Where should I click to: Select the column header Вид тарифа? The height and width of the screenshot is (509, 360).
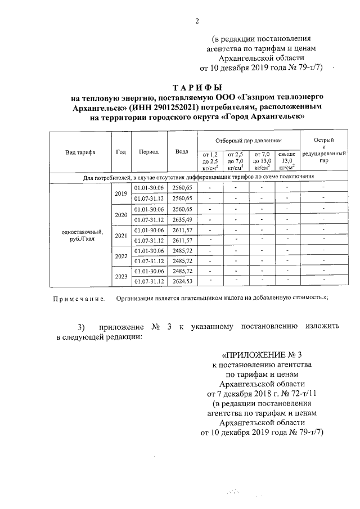pos(80,152)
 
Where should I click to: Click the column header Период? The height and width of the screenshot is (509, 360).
pos(149,152)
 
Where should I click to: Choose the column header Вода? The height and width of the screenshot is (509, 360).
pos(182,152)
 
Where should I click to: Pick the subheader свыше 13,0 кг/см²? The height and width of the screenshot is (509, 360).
pos(287,160)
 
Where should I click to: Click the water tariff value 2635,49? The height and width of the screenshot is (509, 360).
pos(182,219)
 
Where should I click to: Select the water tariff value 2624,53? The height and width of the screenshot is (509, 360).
pos(182,281)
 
